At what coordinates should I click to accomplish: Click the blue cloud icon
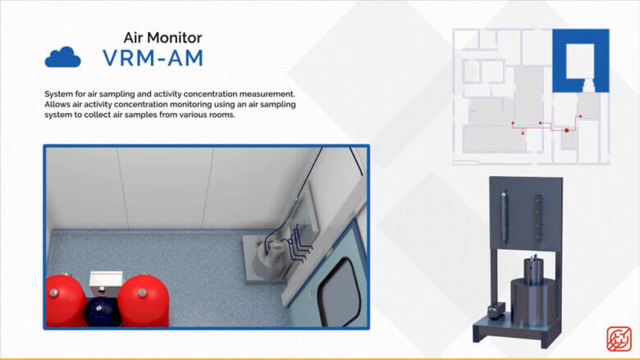pos(62,57)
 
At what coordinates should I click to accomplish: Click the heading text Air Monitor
pos(162,38)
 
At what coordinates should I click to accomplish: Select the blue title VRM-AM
pos(153,57)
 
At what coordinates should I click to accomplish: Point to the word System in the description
pos(57,93)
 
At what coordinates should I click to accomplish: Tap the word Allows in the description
pos(56,104)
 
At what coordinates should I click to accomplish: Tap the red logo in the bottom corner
pos(619,339)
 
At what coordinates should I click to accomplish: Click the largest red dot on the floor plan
pos(566,130)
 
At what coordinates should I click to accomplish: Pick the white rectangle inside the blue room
pos(579,61)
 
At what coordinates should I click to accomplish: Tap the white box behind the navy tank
pos(106,283)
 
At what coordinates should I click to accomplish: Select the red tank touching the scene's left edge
pos(66,301)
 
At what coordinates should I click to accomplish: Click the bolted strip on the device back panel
pos(539,219)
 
